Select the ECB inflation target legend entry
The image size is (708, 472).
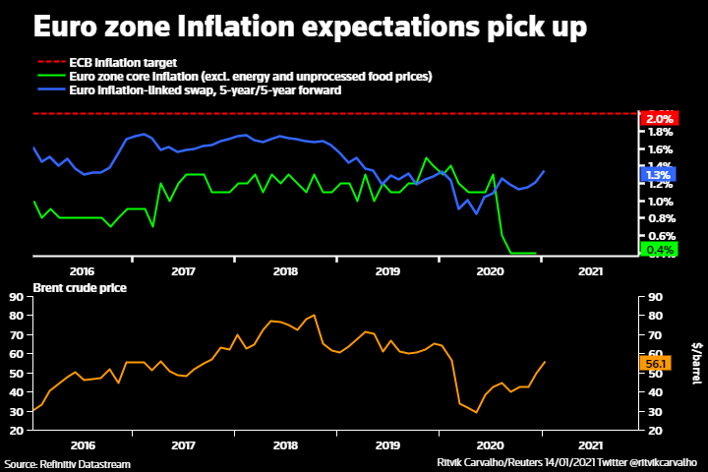(123, 62)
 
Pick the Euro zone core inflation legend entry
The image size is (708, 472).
(251, 76)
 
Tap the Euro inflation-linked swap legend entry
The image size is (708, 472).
(206, 89)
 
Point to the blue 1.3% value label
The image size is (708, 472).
(657, 176)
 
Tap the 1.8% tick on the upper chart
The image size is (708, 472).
(659, 133)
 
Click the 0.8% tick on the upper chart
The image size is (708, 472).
(659, 218)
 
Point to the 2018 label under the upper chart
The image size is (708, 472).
(285, 270)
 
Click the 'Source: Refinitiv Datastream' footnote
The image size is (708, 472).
(67, 463)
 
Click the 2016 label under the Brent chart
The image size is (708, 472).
(82, 444)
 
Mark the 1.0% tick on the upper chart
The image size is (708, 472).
(659, 201)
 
